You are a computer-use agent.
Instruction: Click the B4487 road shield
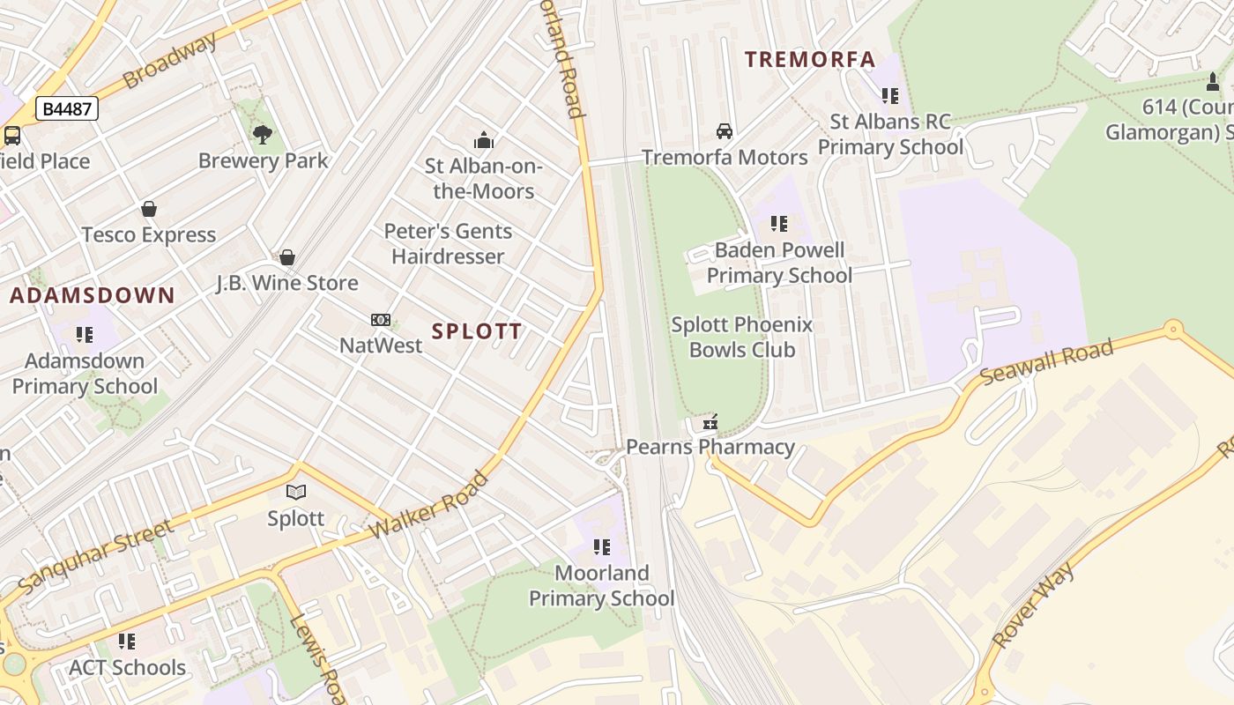pyautogui.click(x=67, y=109)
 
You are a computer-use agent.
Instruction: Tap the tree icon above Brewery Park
pyautogui.click(x=262, y=135)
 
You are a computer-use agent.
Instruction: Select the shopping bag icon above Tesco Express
pyautogui.click(x=149, y=210)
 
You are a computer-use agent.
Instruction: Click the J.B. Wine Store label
pyautogui.click(x=287, y=283)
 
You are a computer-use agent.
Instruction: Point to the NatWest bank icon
pyautogui.click(x=381, y=320)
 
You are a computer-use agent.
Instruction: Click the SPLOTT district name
pyautogui.click(x=477, y=331)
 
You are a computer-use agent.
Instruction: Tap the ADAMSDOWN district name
pyautogui.click(x=93, y=296)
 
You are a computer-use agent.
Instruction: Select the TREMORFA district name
pyautogui.click(x=810, y=60)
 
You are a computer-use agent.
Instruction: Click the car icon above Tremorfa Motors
pyautogui.click(x=725, y=131)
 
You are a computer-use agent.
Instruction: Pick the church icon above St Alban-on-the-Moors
pyautogui.click(x=483, y=140)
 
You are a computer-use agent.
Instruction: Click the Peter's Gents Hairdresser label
pyautogui.click(x=448, y=244)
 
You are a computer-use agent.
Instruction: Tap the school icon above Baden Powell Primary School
pyautogui.click(x=779, y=224)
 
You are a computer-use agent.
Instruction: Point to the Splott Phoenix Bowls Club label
pyautogui.click(x=742, y=338)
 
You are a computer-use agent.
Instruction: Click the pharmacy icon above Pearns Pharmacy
pyautogui.click(x=710, y=422)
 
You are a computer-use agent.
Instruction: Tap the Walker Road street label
pyautogui.click(x=429, y=506)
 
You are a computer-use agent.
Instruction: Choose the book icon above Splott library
pyautogui.click(x=296, y=493)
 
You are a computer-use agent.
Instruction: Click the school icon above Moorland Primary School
pyautogui.click(x=602, y=547)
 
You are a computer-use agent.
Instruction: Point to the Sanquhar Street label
pyautogui.click(x=95, y=557)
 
